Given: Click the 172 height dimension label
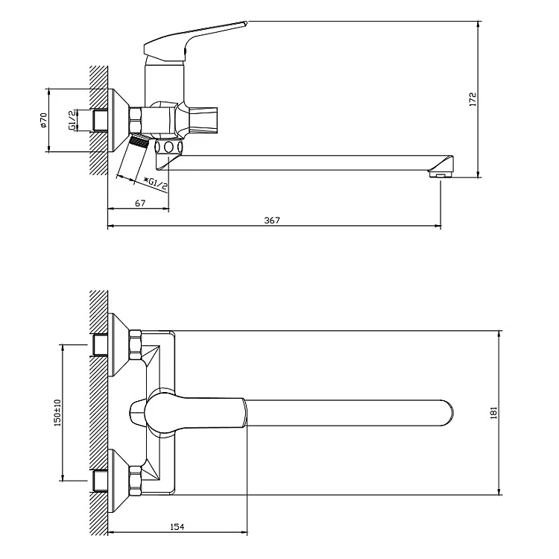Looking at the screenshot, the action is [473, 99].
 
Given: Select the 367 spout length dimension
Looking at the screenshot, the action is [272, 221].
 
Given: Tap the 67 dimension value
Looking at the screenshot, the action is [140, 203].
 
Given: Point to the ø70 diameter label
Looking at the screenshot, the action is [43, 120].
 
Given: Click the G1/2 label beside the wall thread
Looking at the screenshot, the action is [72, 120].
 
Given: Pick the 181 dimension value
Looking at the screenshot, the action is [493, 412].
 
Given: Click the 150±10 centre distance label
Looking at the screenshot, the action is [57, 412].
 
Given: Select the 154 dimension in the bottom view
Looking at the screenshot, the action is [177, 527].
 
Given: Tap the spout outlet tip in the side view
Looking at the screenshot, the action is [440, 174].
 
